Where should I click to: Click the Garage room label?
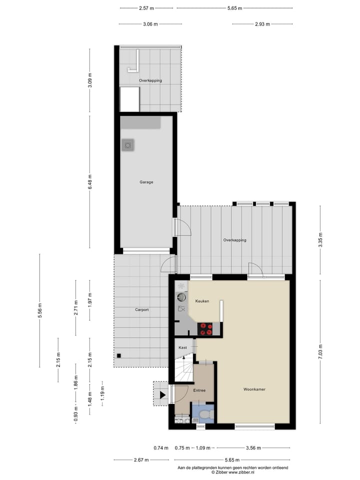coord(146,182)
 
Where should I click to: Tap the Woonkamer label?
coord(254,389)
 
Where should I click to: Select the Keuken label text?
coord(202,301)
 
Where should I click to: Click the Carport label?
coord(141,310)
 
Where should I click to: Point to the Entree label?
coord(199,390)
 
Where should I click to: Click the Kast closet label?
coord(183,347)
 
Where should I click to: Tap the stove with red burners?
coord(206,328)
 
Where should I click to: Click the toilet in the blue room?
coord(207,414)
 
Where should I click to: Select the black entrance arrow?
coord(162,394)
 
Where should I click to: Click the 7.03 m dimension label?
coord(321,345)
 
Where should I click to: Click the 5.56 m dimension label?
coord(40,310)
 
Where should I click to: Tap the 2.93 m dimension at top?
coord(262,24)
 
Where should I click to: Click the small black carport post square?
coord(119,355)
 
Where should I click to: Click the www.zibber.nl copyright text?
coord(233,471)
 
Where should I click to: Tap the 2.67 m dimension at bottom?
coord(138,460)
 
